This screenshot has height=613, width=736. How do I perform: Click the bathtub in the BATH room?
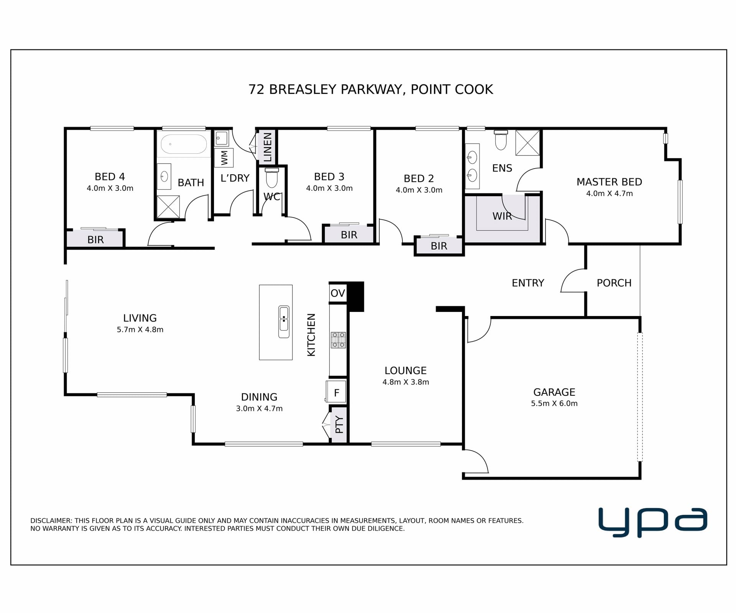point(184,144)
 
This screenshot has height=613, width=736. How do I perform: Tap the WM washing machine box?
point(224,157)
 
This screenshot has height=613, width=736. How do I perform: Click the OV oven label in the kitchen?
point(338,293)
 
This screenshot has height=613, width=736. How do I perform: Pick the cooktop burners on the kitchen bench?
point(338,340)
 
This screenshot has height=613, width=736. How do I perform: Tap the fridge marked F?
point(336,392)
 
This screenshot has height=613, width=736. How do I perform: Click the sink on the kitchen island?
point(284,322)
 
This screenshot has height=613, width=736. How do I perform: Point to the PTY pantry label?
point(339,425)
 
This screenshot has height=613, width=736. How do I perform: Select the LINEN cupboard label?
point(268,147)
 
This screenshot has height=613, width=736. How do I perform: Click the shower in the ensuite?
point(527,143)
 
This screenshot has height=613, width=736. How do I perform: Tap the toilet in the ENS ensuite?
point(501,140)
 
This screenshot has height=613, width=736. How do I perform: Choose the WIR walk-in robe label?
point(502,216)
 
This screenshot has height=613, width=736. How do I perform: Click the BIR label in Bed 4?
point(95,240)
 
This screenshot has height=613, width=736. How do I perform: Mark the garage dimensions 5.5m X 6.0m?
point(554,403)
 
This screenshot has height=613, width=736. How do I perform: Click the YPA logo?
point(653,523)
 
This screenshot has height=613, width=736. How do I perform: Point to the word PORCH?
point(614,283)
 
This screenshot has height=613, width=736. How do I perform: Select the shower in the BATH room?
point(168,207)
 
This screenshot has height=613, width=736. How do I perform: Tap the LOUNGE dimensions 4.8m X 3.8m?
point(406,382)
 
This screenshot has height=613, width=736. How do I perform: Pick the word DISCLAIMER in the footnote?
point(51,521)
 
